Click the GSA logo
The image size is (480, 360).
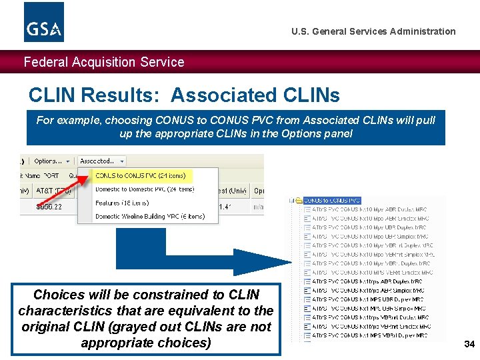[44, 22]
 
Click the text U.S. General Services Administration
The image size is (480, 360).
[373, 31]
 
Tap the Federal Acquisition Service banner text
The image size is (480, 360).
[104, 62]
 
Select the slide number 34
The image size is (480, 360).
[469, 344]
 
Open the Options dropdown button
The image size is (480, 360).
[52, 161]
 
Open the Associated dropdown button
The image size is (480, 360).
[101, 161]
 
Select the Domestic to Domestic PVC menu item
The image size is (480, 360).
[144, 189]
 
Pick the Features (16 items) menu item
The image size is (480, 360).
[122, 203]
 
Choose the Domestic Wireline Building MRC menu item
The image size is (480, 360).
[149, 216]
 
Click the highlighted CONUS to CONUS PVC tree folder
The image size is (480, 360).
[331, 200]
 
